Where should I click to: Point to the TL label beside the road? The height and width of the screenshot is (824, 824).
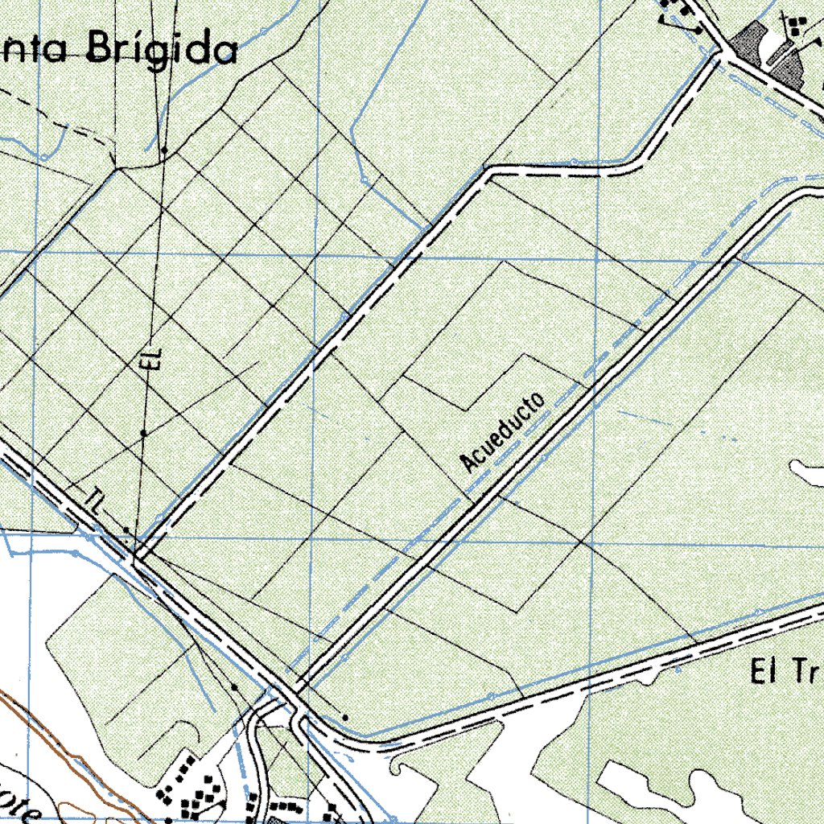(x=94, y=503)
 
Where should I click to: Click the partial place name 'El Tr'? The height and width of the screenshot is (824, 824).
(x=785, y=669)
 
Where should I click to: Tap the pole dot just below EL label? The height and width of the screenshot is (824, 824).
(x=143, y=433)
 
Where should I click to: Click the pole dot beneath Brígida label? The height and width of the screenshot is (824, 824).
(x=163, y=150)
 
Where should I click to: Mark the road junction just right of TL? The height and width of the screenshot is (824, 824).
(x=138, y=556)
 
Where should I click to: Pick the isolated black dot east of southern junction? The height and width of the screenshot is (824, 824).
(x=345, y=716)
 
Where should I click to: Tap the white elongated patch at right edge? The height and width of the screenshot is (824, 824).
(x=806, y=472)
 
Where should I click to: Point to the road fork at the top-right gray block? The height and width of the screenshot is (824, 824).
(x=723, y=56)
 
